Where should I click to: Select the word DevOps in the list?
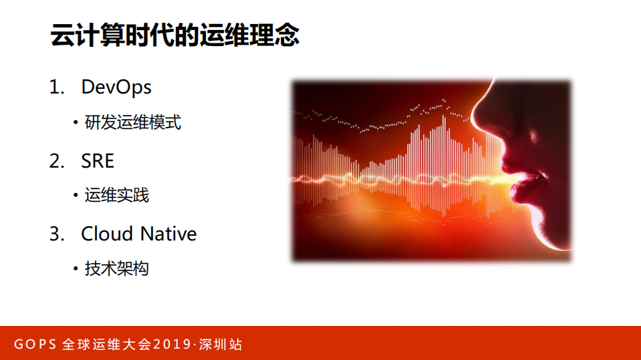tap(116, 87)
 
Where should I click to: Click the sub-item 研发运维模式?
tap(132, 123)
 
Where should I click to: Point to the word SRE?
tap(98, 160)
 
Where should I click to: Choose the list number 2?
tap(55, 160)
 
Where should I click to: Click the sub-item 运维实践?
tap(116, 196)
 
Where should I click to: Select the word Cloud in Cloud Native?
tap(108, 234)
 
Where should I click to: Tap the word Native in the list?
tap(168, 234)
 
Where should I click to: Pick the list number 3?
tap(55, 234)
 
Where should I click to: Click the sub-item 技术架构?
tap(116, 269)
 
